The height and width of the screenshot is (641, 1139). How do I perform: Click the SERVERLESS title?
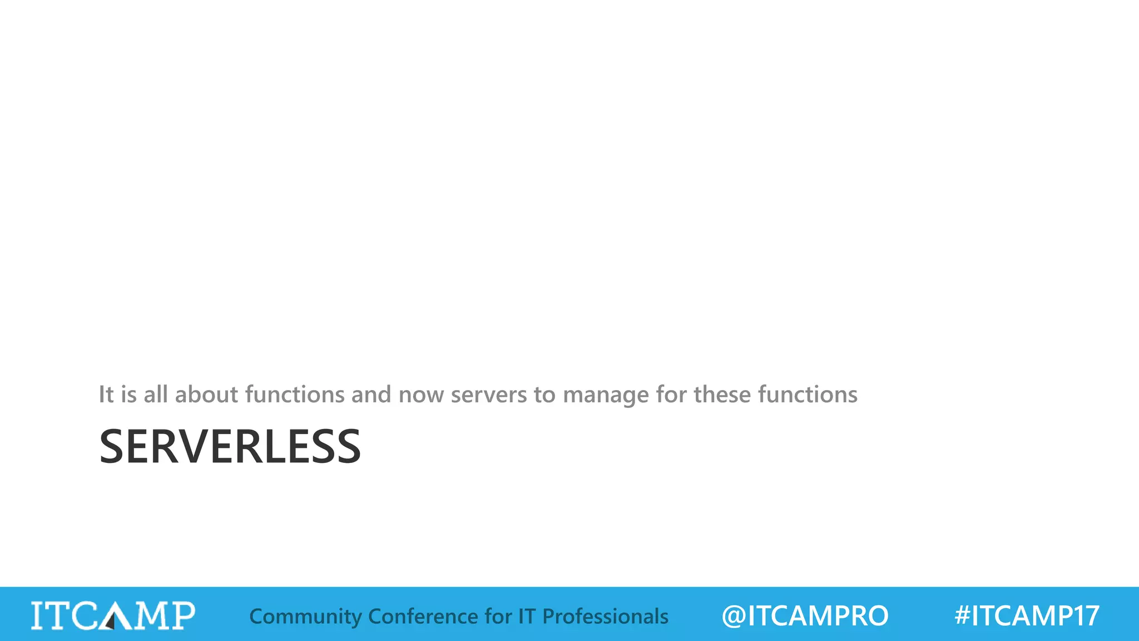[230, 446]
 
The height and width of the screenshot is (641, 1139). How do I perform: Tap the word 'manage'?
[606, 395]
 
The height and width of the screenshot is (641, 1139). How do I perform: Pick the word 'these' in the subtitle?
[722, 395]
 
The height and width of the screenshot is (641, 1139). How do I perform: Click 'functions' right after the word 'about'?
[295, 395]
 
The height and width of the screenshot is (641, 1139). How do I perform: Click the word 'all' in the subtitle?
[156, 395]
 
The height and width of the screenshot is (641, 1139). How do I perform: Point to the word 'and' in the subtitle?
[371, 395]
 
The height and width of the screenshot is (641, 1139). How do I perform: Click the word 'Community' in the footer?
[305, 617]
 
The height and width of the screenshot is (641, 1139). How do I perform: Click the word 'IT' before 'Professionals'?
[527, 617]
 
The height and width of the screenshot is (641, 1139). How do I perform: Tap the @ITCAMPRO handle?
[805, 616]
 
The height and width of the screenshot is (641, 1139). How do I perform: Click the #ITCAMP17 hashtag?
[1027, 616]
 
